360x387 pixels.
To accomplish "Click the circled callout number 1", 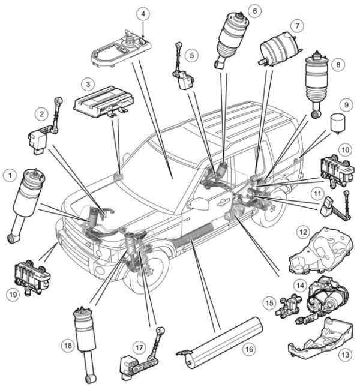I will point(10,175).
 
